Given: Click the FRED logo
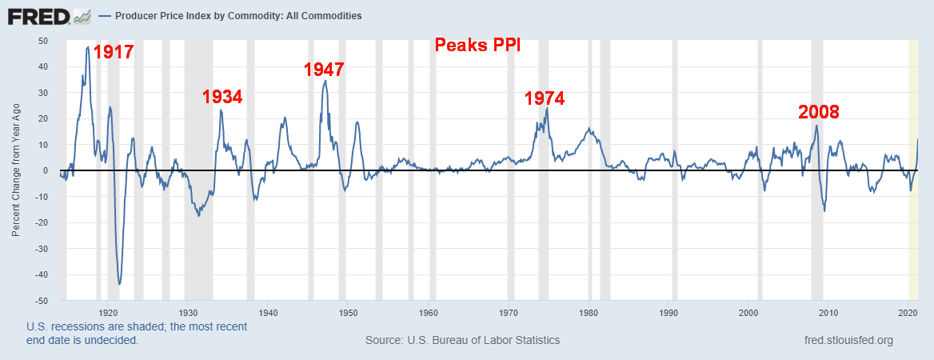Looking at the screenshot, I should [41, 16].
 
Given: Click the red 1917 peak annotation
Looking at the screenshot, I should [113, 53].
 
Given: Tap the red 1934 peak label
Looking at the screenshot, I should [222, 97].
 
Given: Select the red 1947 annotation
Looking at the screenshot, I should [324, 70].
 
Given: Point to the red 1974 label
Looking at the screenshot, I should [545, 98].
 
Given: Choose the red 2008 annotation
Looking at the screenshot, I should [819, 112].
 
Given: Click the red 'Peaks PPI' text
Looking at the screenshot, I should [477, 45].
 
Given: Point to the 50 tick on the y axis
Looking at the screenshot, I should [42, 41].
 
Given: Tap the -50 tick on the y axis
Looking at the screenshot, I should [41, 301].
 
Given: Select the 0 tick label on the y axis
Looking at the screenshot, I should [45, 171].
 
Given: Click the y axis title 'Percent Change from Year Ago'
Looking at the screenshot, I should [16, 170].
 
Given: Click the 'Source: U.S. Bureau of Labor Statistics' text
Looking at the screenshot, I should [462, 340].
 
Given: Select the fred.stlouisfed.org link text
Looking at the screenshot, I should [848, 340].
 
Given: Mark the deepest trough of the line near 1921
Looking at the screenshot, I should [119, 284].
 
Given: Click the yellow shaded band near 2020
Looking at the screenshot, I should [912, 170].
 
